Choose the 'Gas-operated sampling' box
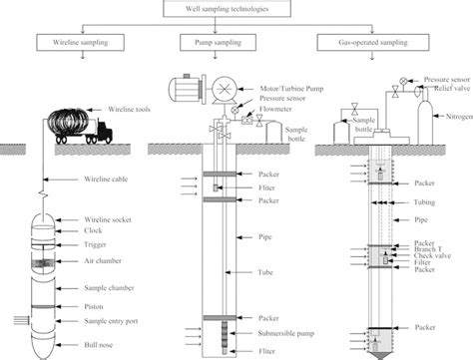tap(370, 45)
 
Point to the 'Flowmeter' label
tap(262, 113)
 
